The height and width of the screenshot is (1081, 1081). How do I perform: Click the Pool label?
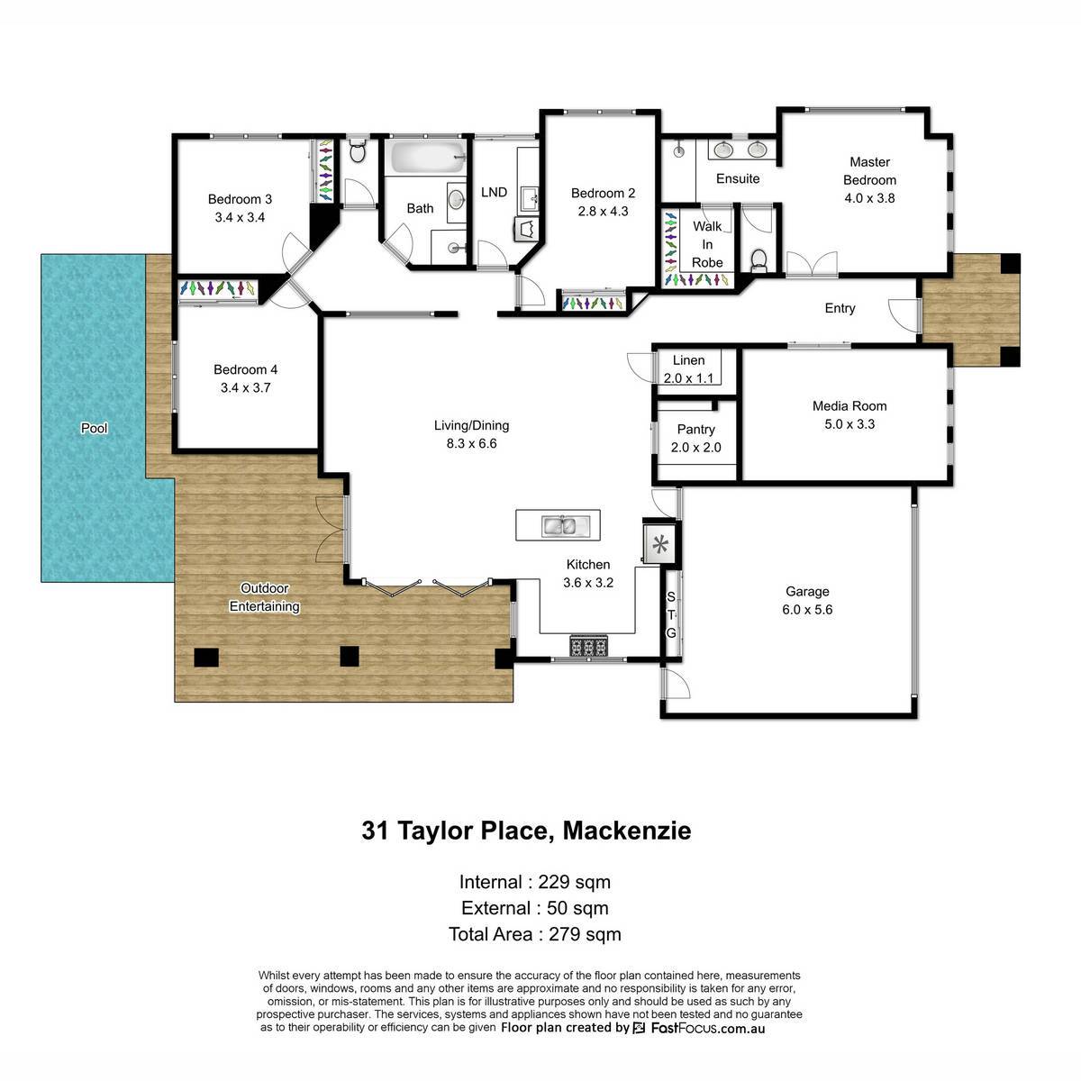tap(94, 428)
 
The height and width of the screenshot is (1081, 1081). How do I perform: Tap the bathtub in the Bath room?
tap(428, 157)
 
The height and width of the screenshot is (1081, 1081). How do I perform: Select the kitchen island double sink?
tap(559, 525)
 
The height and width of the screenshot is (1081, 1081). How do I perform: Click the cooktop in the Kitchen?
tap(588, 646)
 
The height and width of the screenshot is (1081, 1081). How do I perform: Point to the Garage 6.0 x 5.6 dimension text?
tap(807, 609)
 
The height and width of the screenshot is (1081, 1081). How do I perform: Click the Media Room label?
tap(849, 405)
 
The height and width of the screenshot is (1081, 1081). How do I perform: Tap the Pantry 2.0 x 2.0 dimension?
tap(695, 447)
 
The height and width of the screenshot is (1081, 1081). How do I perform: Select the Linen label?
tap(688, 360)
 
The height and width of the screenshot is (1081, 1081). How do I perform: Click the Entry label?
tap(840, 308)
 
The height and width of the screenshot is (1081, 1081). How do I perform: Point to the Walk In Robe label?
tap(707, 244)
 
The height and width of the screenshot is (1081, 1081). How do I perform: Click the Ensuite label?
tap(738, 178)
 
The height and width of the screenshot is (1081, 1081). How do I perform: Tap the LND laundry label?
tap(494, 192)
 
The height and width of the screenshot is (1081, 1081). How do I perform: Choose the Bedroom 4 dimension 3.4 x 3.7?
tap(246, 387)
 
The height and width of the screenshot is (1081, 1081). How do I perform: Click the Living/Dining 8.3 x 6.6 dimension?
tap(471, 443)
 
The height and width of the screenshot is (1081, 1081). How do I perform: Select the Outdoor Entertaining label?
tap(264, 597)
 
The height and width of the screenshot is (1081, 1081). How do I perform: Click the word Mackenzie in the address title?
tap(627, 831)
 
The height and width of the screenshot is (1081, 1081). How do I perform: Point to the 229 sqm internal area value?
tap(574, 882)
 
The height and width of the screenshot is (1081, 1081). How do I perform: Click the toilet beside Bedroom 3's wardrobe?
tap(358, 150)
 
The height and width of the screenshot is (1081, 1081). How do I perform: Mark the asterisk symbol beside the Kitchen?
tap(660, 543)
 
